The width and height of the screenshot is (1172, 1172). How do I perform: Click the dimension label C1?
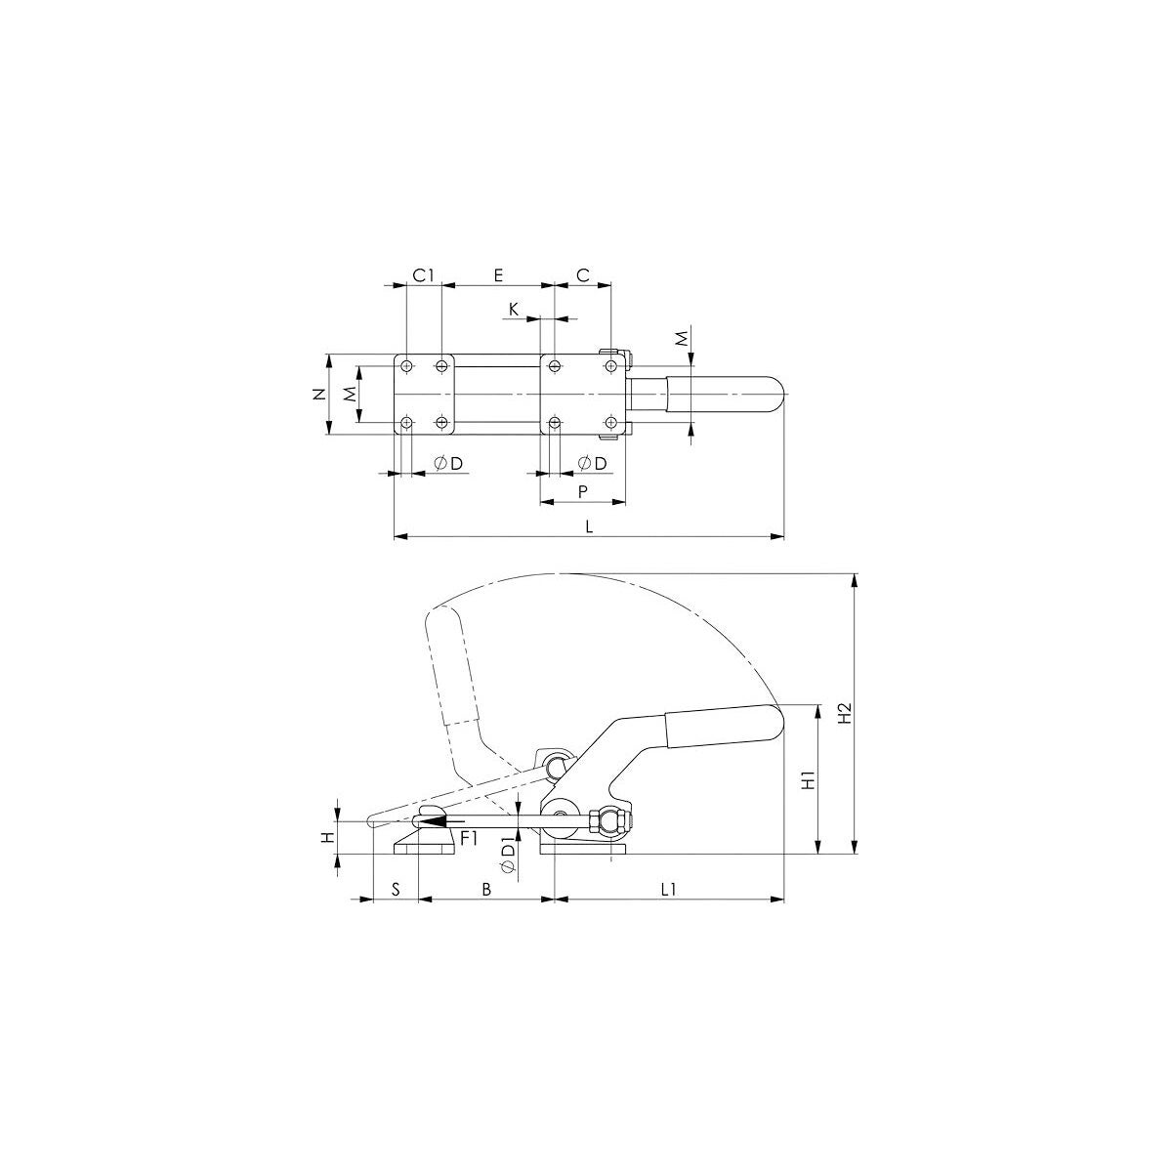pos(423,275)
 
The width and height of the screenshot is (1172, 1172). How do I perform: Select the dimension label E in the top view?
pos(498,275)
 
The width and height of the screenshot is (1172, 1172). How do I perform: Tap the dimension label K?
pos(514,310)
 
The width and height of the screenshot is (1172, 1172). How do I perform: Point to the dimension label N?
pos(318,395)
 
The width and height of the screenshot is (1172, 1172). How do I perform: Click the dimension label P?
pos(583,491)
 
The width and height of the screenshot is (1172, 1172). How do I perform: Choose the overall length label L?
pos(589,526)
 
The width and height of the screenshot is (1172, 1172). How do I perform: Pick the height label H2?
pos(844,713)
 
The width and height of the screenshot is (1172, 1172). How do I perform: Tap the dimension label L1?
pos(668,889)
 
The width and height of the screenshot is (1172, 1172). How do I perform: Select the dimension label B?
pos(486,889)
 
